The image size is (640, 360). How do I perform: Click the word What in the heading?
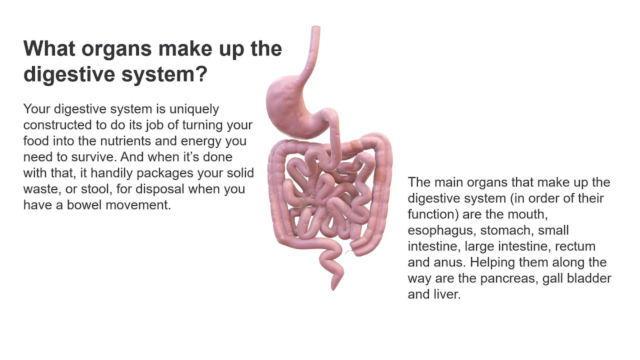49,49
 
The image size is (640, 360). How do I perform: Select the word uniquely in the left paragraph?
194,109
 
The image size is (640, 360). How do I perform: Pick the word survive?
97,157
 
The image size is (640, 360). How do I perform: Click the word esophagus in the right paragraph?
437,230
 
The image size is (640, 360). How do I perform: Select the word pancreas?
509,278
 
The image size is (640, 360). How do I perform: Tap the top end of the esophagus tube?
315,29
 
